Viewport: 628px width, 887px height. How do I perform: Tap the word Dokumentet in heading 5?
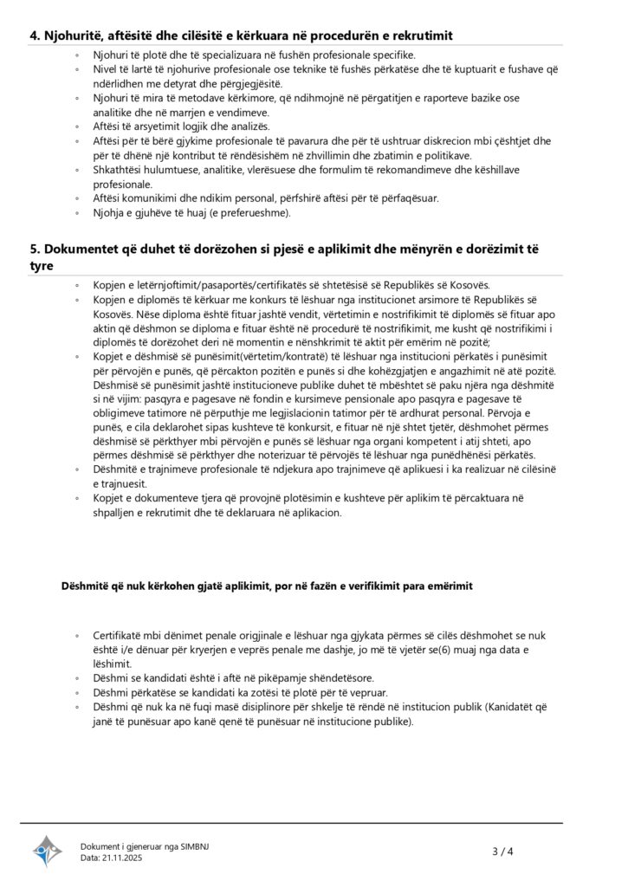pyautogui.click(x=83, y=249)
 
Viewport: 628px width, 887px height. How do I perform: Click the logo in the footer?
pyautogui.click(x=48, y=851)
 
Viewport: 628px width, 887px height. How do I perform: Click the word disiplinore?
pyautogui.click(x=240, y=707)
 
